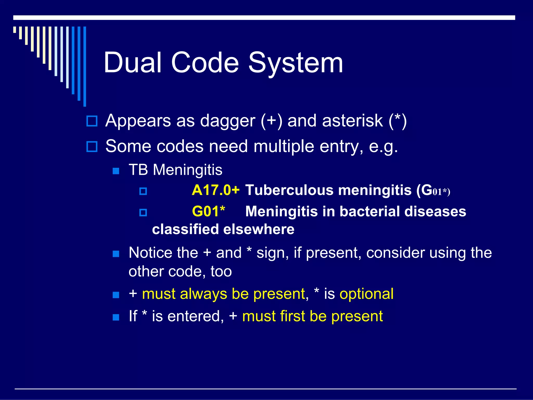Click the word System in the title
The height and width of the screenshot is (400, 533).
(x=296, y=63)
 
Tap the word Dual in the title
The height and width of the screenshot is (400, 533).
(x=133, y=63)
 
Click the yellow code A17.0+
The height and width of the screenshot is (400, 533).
(x=215, y=190)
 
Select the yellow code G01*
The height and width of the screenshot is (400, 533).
(x=208, y=211)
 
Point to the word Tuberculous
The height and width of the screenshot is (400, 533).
(x=289, y=190)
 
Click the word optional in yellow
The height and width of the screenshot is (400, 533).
(x=366, y=294)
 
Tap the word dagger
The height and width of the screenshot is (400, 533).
(x=227, y=121)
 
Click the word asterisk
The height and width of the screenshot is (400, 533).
(x=352, y=121)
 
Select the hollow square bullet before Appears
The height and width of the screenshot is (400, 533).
(x=92, y=121)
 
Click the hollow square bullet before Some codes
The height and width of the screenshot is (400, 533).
(x=92, y=147)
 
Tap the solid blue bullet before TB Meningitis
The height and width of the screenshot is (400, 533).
(x=116, y=171)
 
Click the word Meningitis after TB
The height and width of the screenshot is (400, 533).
(x=187, y=170)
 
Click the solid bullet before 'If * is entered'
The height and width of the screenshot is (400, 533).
(x=116, y=317)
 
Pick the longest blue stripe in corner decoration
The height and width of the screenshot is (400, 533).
(x=85, y=66)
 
